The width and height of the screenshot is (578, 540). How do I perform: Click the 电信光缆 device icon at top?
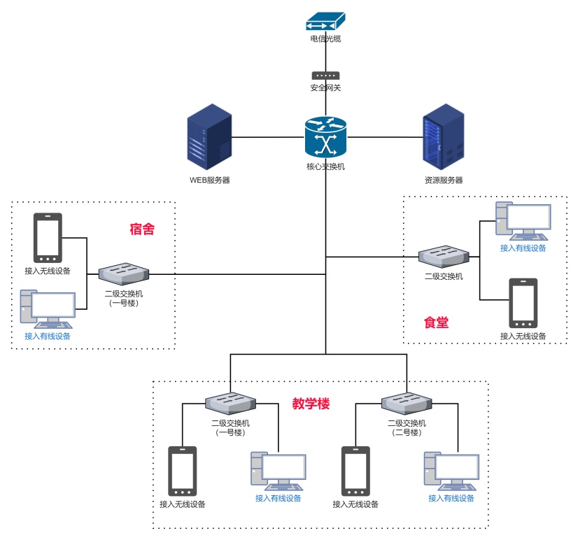(x=325, y=22)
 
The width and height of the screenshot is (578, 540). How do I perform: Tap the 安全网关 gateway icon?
(x=325, y=76)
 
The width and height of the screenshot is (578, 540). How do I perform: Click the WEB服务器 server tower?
(x=209, y=137)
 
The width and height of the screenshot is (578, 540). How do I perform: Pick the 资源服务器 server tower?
(x=443, y=137)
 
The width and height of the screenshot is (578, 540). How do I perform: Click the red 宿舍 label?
(x=142, y=229)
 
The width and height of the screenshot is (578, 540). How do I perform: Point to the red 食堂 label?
(x=436, y=322)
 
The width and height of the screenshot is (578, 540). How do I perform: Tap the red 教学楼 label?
(x=311, y=404)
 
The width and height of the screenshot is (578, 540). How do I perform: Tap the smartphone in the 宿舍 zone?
(x=48, y=238)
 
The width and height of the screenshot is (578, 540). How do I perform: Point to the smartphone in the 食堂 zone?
(x=523, y=303)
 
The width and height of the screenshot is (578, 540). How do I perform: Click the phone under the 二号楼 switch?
(x=355, y=471)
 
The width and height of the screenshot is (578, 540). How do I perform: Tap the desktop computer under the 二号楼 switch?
(x=451, y=471)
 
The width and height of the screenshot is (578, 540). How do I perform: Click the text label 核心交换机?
(x=325, y=166)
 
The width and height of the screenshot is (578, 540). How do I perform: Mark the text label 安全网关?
(x=325, y=88)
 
